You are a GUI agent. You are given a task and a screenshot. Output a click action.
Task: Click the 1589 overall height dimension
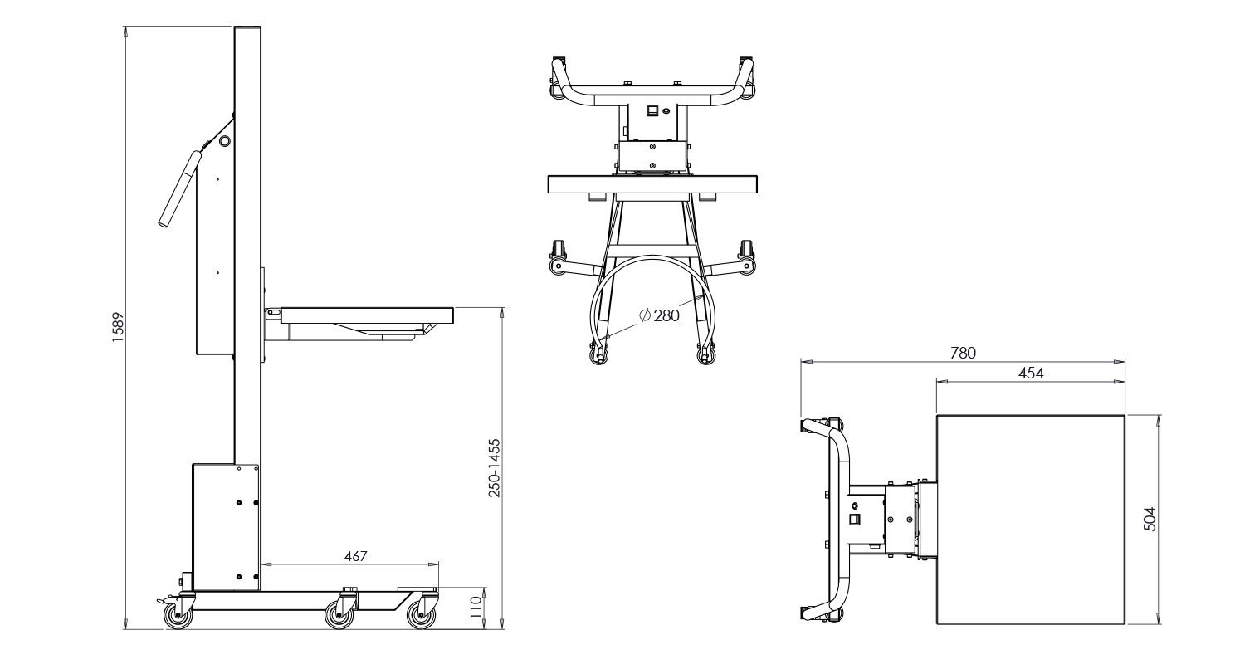(x=119, y=327)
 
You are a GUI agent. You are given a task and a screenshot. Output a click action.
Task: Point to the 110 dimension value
(x=476, y=608)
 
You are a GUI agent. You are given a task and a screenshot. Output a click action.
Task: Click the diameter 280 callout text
(x=660, y=315)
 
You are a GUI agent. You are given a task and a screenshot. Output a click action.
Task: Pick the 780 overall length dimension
(x=963, y=353)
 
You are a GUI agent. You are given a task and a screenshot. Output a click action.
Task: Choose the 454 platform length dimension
(x=1031, y=373)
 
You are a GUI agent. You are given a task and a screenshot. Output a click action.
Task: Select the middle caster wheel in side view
(x=339, y=615)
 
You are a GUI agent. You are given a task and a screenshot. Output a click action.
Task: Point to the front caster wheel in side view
(x=421, y=615)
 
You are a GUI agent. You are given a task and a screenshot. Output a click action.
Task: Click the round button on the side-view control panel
(x=224, y=141)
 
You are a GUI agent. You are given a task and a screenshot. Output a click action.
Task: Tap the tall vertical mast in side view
(x=248, y=249)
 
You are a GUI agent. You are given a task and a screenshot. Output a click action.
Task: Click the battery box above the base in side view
(x=226, y=527)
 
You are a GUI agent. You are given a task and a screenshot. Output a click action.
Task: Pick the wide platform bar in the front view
(x=653, y=184)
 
